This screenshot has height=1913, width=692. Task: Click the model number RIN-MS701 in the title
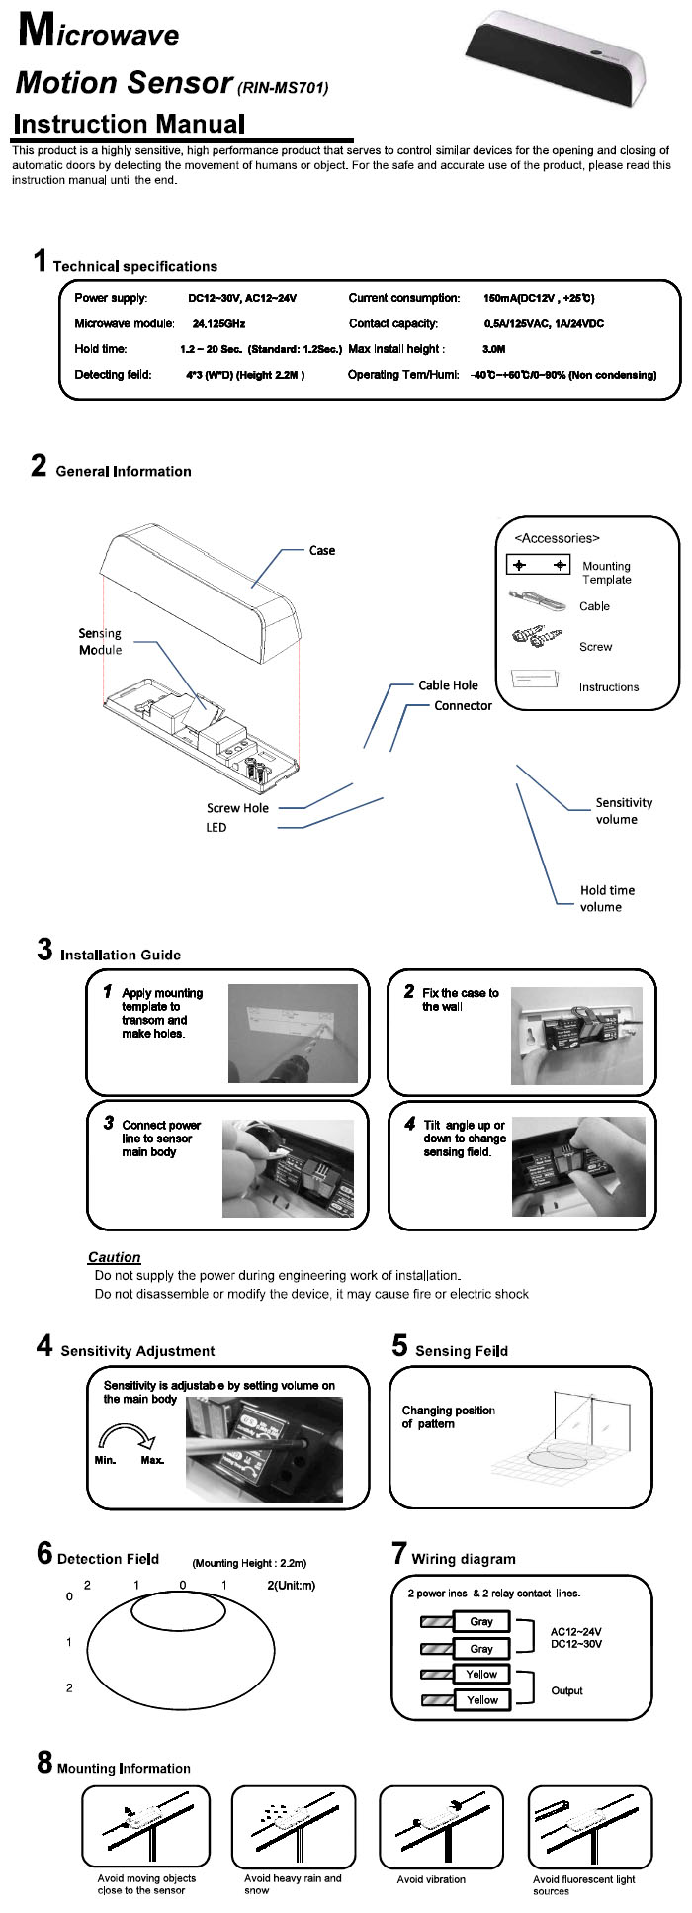click(x=283, y=88)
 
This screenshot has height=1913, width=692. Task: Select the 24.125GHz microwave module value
click(x=218, y=323)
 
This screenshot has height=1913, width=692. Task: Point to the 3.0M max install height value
click(x=493, y=349)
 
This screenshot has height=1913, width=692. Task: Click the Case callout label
click(x=322, y=551)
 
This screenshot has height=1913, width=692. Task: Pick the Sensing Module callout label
click(x=100, y=641)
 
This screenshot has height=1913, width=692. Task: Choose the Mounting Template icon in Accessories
click(x=539, y=565)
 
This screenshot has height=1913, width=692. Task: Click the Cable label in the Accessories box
click(x=594, y=606)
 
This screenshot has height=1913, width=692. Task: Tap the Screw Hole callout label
click(x=237, y=808)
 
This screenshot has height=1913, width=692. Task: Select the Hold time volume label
click(x=607, y=898)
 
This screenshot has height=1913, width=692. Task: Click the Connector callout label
click(x=463, y=706)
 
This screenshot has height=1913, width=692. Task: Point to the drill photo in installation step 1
click(x=292, y=1034)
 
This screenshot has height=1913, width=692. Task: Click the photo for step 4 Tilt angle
click(x=578, y=1166)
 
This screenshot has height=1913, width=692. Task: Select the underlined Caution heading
click(x=114, y=1257)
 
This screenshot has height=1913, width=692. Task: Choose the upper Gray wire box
click(x=481, y=1621)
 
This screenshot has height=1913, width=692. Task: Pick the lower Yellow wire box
click(x=481, y=1699)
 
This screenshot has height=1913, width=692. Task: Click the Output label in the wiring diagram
click(x=566, y=1690)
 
